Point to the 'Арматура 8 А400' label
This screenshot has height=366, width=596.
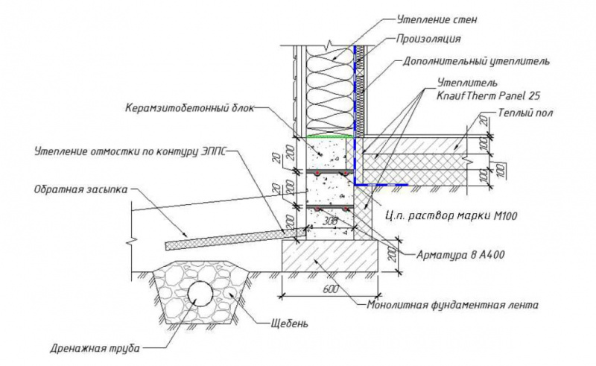tap(460, 254)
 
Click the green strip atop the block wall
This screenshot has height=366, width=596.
tap(327, 137)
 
